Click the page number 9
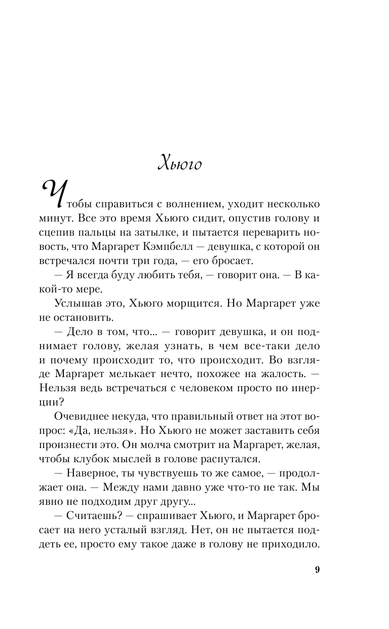pyautogui.click(x=317, y=569)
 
